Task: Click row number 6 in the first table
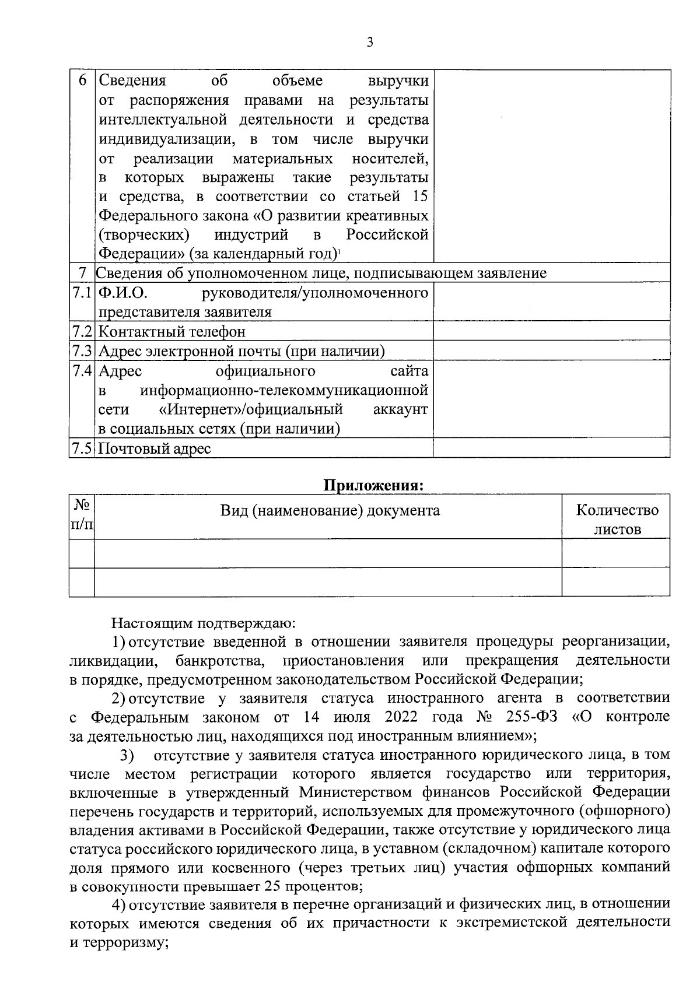point(82,80)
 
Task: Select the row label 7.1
point(82,292)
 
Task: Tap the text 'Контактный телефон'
point(172,332)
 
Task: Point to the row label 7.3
point(82,351)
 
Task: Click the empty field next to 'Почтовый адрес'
point(551,448)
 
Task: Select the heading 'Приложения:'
point(373,485)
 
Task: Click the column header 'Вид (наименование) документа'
point(330,511)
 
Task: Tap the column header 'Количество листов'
point(617,520)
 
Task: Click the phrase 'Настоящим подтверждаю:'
point(204,623)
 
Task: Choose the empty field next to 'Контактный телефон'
point(551,332)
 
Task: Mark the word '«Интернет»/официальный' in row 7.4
point(250,410)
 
